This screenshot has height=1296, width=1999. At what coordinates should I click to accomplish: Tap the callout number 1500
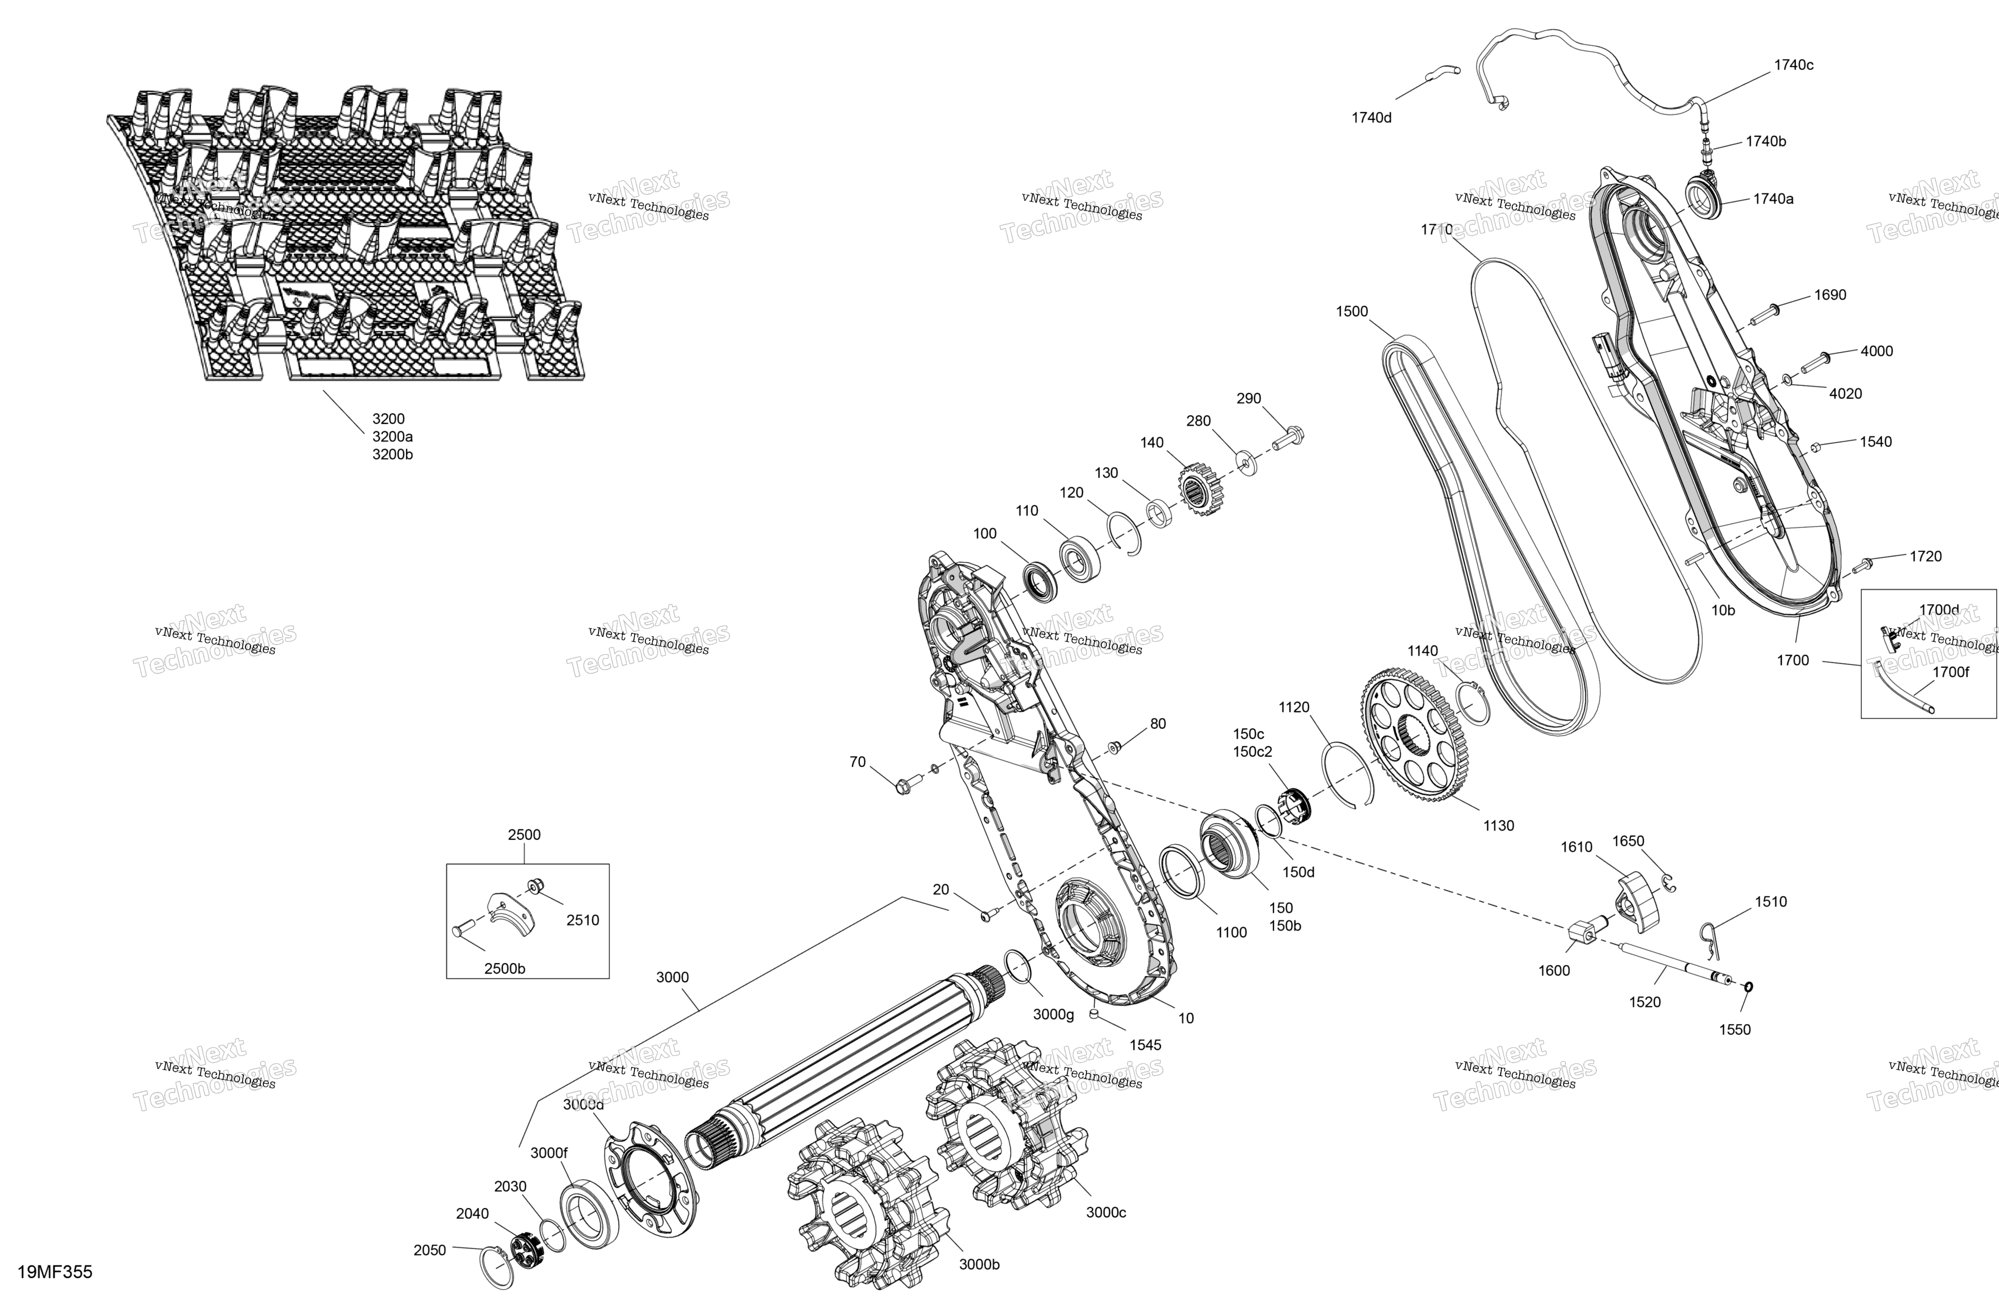pos(1352,312)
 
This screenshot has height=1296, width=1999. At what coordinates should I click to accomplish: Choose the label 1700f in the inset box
pos(1950,672)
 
